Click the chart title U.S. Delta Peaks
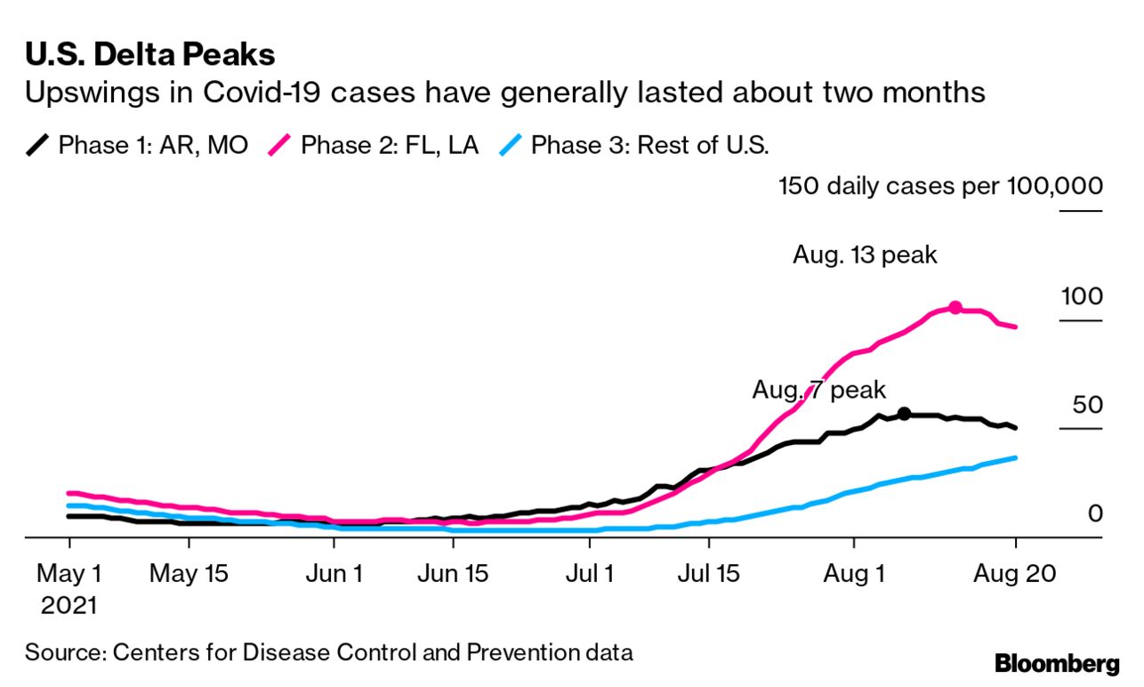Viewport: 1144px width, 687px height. tap(149, 55)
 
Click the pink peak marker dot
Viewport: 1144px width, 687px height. tap(955, 307)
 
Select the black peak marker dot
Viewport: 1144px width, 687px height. tap(904, 413)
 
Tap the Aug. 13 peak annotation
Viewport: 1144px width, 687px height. tap(865, 255)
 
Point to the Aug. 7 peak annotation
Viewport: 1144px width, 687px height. tap(819, 390)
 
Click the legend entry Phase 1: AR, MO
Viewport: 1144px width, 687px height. tap(141, 145)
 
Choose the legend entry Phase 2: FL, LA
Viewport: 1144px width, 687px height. tap(373, 145)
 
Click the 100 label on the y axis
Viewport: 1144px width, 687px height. tap(1081, 296)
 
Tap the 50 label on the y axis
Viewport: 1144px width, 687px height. tap(1086, 406)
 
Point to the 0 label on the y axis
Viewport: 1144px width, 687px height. tap(1095, 514)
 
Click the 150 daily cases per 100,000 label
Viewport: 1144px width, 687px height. tap(940, 187)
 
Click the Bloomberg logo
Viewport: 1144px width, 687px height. tap(1056, 664)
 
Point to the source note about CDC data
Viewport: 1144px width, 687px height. tap(328, 652)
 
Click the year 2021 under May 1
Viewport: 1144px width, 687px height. tap(68, 606)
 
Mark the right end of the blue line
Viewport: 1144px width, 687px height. tap(1015, 457)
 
